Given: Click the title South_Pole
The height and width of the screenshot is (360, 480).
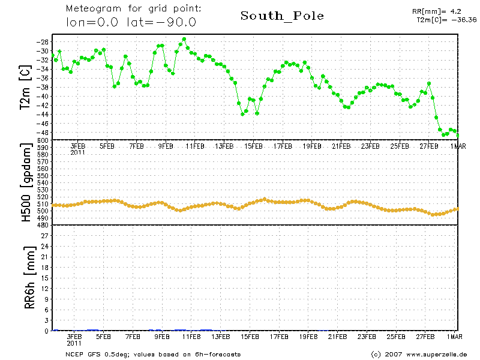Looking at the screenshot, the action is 282,16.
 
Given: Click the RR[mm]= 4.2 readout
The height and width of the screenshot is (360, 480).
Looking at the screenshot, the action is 437,11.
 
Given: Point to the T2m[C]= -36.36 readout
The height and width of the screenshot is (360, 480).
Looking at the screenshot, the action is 446,20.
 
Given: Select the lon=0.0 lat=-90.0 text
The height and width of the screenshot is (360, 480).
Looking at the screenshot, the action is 131,22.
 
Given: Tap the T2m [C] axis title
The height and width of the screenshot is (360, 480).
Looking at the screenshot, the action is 25,87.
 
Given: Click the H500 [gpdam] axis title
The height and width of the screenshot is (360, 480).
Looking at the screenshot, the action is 26,182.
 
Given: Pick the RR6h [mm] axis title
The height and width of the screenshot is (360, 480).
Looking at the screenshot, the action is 29,278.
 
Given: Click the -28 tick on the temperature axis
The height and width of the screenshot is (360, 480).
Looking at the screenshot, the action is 42,42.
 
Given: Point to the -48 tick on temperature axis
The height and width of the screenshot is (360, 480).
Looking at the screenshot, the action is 42,133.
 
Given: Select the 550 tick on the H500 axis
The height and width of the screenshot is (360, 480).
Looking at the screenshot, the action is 43,176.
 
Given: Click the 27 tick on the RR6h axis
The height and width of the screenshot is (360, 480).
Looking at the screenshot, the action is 44,236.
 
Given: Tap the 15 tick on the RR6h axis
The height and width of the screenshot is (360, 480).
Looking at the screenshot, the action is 44,278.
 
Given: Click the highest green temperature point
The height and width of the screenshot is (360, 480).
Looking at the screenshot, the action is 184,39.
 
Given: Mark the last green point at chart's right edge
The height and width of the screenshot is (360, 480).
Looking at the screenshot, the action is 458,136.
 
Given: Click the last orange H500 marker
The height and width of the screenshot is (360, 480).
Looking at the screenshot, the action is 457,209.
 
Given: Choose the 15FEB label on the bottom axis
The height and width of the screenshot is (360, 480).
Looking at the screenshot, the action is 250,337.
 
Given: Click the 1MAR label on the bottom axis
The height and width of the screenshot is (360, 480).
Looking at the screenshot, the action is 454,337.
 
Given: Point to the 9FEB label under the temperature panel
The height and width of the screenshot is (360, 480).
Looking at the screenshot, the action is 166,146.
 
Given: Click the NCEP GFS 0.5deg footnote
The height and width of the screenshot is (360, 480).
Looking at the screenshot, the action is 153,355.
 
